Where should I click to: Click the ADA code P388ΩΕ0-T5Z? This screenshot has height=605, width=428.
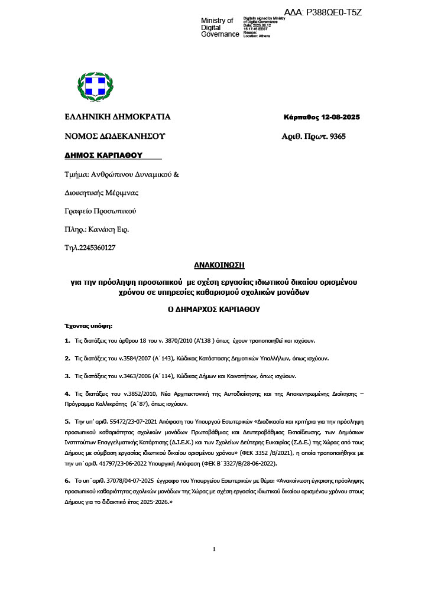331,12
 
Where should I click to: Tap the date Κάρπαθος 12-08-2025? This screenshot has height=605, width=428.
322,117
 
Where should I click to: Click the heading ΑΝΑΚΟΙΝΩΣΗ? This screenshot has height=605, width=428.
219,266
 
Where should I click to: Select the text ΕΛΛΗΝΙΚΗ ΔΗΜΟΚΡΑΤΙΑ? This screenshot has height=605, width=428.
118,117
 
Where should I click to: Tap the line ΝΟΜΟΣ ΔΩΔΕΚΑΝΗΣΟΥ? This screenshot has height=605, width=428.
115,136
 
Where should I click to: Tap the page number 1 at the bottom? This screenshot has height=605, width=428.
214,549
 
